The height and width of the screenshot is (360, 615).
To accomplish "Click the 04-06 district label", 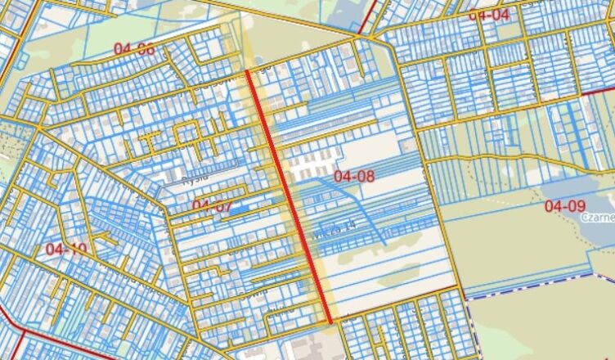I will [134, 49].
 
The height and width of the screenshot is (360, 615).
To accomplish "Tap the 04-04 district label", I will [488, 15].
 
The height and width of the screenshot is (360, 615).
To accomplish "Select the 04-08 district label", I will [354, 176].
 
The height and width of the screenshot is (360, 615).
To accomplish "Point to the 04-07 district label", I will [212, 205].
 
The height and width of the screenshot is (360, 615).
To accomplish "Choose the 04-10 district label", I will [65, 248].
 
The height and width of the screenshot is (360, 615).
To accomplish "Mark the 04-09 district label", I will [565, 206].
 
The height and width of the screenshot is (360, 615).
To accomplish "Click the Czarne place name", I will [599, 218].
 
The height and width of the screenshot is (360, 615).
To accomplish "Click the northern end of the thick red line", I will [248, 72].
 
